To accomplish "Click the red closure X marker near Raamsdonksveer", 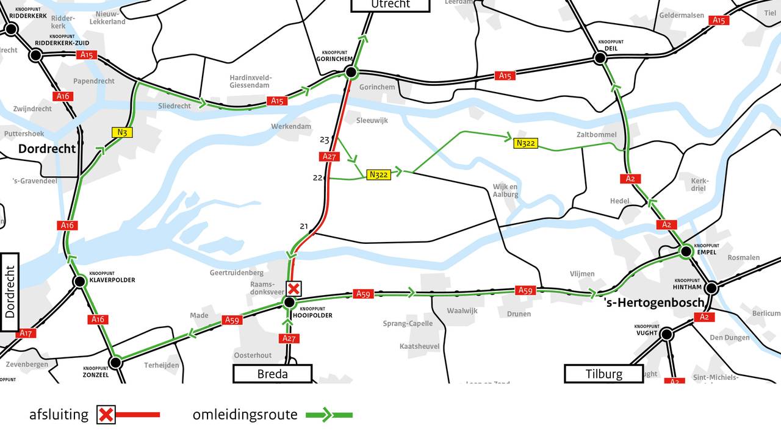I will click(x=294, y=288).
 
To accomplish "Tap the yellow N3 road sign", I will click(x=121, y=132).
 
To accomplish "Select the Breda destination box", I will click(x=272, y=374).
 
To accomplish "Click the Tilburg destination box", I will click(x=603, y=374).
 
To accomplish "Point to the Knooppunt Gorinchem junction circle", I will click(x=351, y=73).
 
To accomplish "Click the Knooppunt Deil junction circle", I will click(x=600, y=58).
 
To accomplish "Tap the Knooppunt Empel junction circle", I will click(x=686, y=251).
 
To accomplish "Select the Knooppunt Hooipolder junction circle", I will click(x=290, y=302).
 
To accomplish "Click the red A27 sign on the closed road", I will click(x=329, y=157).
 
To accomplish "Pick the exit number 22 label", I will click(x=317, y=177).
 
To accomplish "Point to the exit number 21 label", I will click(x=304, y=226).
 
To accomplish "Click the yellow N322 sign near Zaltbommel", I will click(x=525, y=143).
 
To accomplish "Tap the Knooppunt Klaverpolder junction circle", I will click(x=79, y=282).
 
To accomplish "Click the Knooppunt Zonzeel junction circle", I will click(x=115, y=363).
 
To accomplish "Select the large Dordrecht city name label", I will click(x=47, y=149).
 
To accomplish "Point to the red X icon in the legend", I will click(x=106, y=415).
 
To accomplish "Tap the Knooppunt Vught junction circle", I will click(x=666, y=334).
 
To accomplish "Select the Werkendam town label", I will click(x=291, y=126).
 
